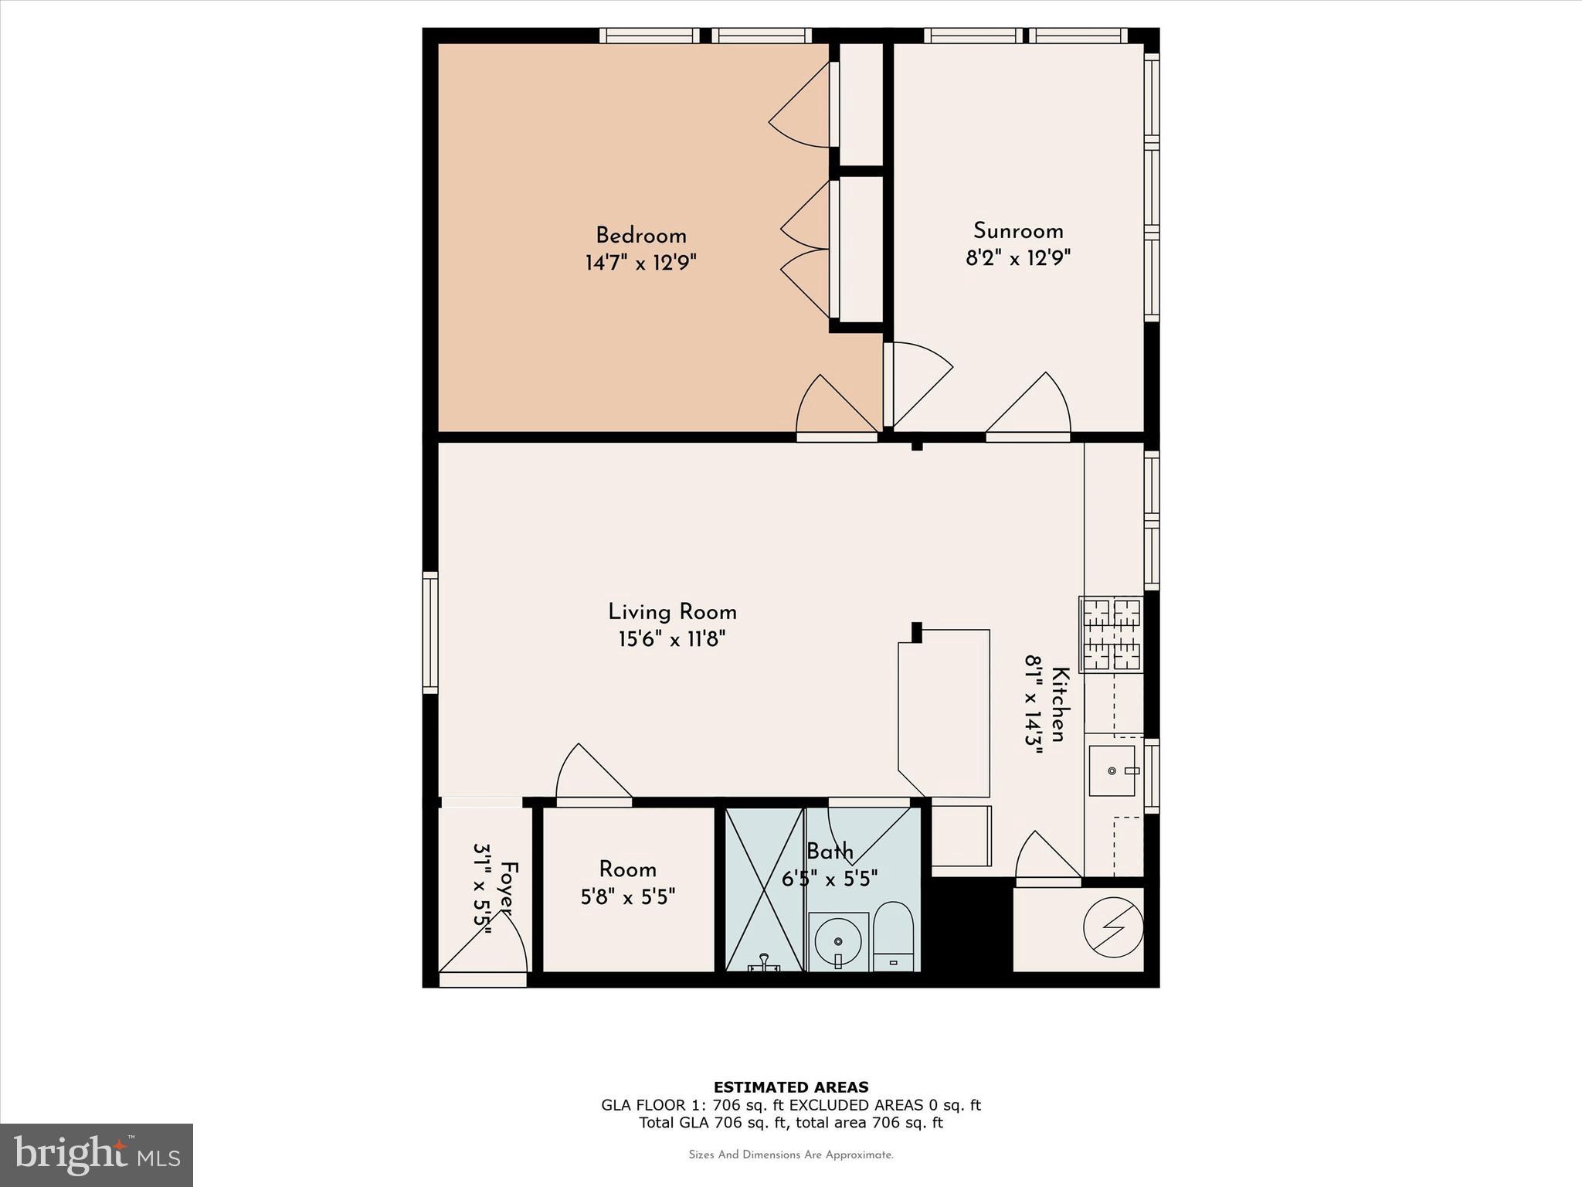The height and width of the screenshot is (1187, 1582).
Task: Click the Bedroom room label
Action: [640, 235]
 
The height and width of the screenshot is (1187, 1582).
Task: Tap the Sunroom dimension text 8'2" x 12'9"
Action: [1017, 257]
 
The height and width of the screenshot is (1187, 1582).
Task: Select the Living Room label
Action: [672, 612]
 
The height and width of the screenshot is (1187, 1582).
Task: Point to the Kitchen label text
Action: [1060, 704]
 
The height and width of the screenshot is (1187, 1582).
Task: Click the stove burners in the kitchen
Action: [1111, 634]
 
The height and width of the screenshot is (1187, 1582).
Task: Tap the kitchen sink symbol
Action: [1112, 770]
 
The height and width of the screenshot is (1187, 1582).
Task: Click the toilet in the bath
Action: [894, 937]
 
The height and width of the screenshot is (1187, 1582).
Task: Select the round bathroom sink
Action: [837, 940]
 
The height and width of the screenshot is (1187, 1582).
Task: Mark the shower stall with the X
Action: [764, 889]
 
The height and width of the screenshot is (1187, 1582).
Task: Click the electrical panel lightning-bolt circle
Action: [1113, 927]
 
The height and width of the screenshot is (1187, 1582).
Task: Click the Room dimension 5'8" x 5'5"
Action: [627, 896]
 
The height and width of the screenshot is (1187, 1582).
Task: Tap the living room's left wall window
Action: [430, 632]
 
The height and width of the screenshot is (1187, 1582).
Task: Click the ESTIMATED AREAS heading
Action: [790, 1087]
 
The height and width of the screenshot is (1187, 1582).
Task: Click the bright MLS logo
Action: [96, 1155]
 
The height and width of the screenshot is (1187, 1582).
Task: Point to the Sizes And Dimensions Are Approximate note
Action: [790, 1155]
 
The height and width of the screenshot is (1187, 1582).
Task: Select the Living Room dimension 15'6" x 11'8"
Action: [671, 639]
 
